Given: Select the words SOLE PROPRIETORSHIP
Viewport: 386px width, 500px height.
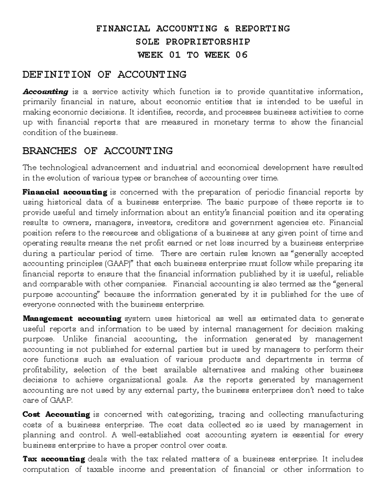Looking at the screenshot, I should click(193, 42).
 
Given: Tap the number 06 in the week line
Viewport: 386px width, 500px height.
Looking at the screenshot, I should click(242, 55).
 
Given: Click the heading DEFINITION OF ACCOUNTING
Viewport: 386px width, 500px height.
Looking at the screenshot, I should click(105, 75).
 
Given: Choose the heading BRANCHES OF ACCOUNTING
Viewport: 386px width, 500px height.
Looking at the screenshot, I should click(98, 151).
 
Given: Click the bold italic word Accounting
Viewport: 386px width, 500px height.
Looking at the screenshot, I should click(45, 92).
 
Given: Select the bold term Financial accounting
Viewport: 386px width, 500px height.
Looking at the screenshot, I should click(65, 192).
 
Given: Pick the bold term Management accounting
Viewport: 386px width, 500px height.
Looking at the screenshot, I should click(72, 319).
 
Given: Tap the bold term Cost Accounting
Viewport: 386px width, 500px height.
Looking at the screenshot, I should click(56, 414).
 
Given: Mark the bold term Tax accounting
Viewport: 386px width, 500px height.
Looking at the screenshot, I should click(54, 459).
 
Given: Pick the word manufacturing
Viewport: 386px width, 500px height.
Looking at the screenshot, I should click(336, 414).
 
